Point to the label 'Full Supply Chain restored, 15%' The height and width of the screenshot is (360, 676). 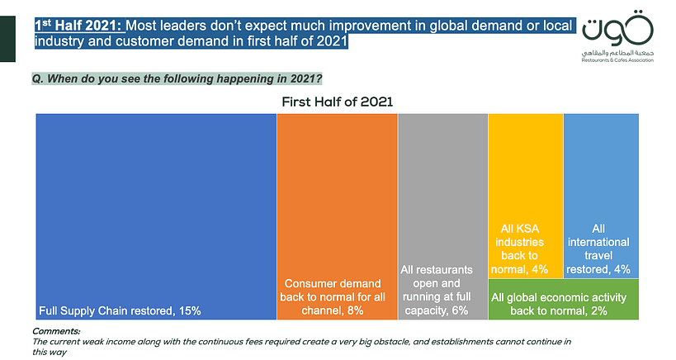(x=120, y=310)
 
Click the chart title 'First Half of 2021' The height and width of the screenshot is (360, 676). (x=338, y=102)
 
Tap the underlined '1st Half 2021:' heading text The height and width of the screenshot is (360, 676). (x=78, y=26)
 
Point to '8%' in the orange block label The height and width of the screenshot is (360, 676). (x=356, y=310)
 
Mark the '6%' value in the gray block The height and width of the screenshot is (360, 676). (x=461, y=310)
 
